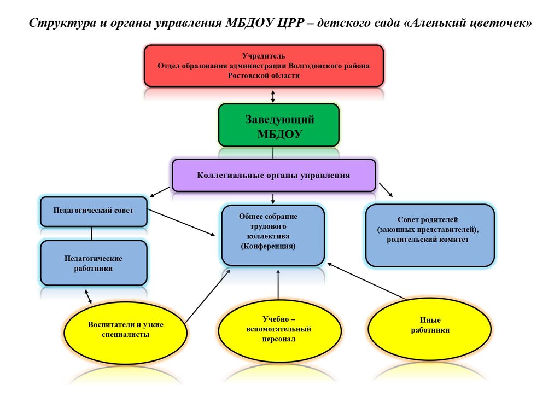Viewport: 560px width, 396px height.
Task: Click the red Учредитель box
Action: coord(264,66)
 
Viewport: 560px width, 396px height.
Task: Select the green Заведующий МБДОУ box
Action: coord(279,125)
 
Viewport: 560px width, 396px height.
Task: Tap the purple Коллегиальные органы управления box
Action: coord(273,175)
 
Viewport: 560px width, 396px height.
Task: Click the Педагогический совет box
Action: coord(94,211)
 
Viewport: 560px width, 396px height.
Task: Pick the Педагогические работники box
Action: coord(94,263)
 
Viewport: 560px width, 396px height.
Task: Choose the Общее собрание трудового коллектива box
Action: coord(273,235)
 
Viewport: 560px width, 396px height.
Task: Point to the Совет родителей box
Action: coord(430,235)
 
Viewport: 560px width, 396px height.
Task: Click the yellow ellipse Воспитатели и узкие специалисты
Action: coord(125,329)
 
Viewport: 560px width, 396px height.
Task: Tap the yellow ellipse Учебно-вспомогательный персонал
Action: coord(279,330)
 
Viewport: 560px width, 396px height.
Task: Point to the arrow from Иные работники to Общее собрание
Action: coord(366,281)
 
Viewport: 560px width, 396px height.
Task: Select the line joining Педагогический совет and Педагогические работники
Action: coord(91,234)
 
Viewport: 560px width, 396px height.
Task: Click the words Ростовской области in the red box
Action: coord(264,75)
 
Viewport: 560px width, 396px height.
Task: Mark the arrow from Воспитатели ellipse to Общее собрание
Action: coord(208,295)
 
